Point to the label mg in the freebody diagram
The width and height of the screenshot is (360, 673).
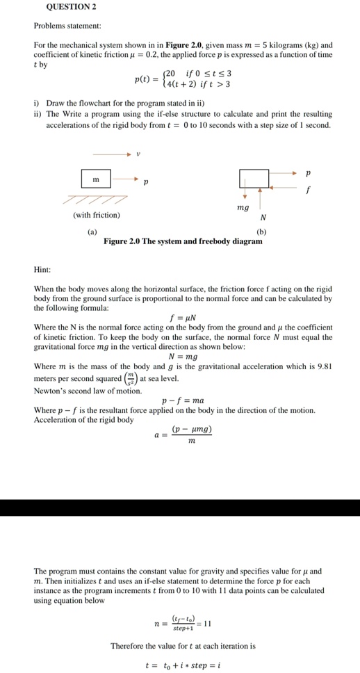243,207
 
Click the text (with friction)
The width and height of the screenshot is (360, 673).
96,215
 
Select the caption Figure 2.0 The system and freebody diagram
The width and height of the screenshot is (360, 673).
183,241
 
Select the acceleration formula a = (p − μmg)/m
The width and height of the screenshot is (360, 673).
183,436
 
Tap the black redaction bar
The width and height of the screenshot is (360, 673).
180,507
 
